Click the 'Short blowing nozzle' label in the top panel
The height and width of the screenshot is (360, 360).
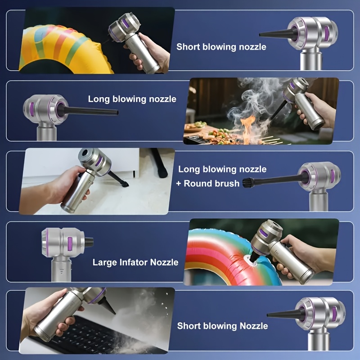[221, 47]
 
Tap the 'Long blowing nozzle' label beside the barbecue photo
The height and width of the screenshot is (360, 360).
[132, 99]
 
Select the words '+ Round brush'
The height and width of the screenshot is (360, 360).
[208, 184]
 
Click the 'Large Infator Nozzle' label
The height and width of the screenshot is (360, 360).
[135, 262]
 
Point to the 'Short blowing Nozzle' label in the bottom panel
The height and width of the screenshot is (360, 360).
[222, 326]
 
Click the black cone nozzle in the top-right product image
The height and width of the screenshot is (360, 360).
[278, 34]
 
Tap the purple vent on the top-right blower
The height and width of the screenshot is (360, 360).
[327, 32]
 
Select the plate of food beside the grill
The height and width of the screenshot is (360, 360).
[195, 126]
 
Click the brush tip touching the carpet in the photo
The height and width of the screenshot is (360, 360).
[125, 184]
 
